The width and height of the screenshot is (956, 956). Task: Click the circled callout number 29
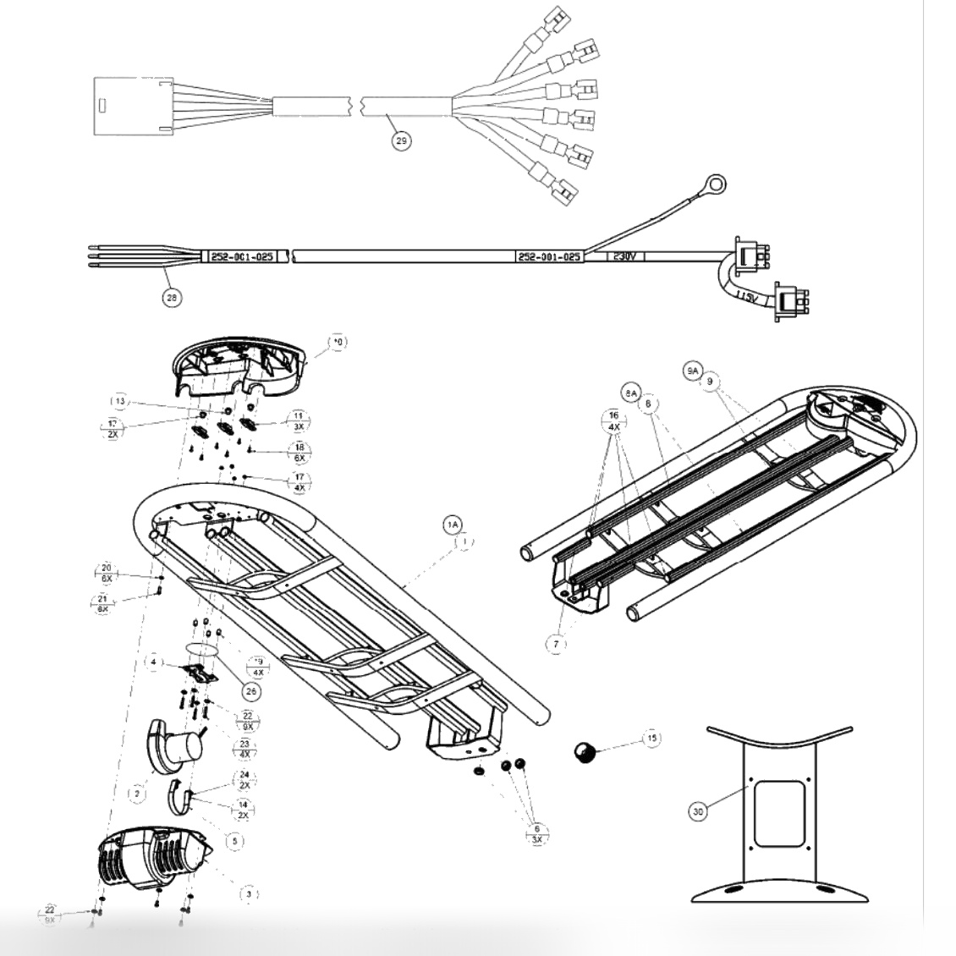(403, 140)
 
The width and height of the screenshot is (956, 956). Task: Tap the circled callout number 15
(651, 738)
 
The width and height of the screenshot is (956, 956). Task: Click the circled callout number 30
(697, 810)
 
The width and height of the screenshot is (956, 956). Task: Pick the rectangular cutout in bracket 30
(780, 814)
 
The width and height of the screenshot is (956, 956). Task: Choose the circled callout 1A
(453, 525)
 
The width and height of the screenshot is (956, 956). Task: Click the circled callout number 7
(556, 643)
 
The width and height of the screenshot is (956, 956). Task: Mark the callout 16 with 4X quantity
(614, 420)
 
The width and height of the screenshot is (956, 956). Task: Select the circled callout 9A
(692, 371)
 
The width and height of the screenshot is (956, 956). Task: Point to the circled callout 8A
(630, 393)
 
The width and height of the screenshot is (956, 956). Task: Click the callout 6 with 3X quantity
(536, 832)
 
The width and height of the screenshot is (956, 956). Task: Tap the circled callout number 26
(250, 690)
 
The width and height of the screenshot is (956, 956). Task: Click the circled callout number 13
(120, 400)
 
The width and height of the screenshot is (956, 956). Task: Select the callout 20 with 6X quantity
(107, 573)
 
